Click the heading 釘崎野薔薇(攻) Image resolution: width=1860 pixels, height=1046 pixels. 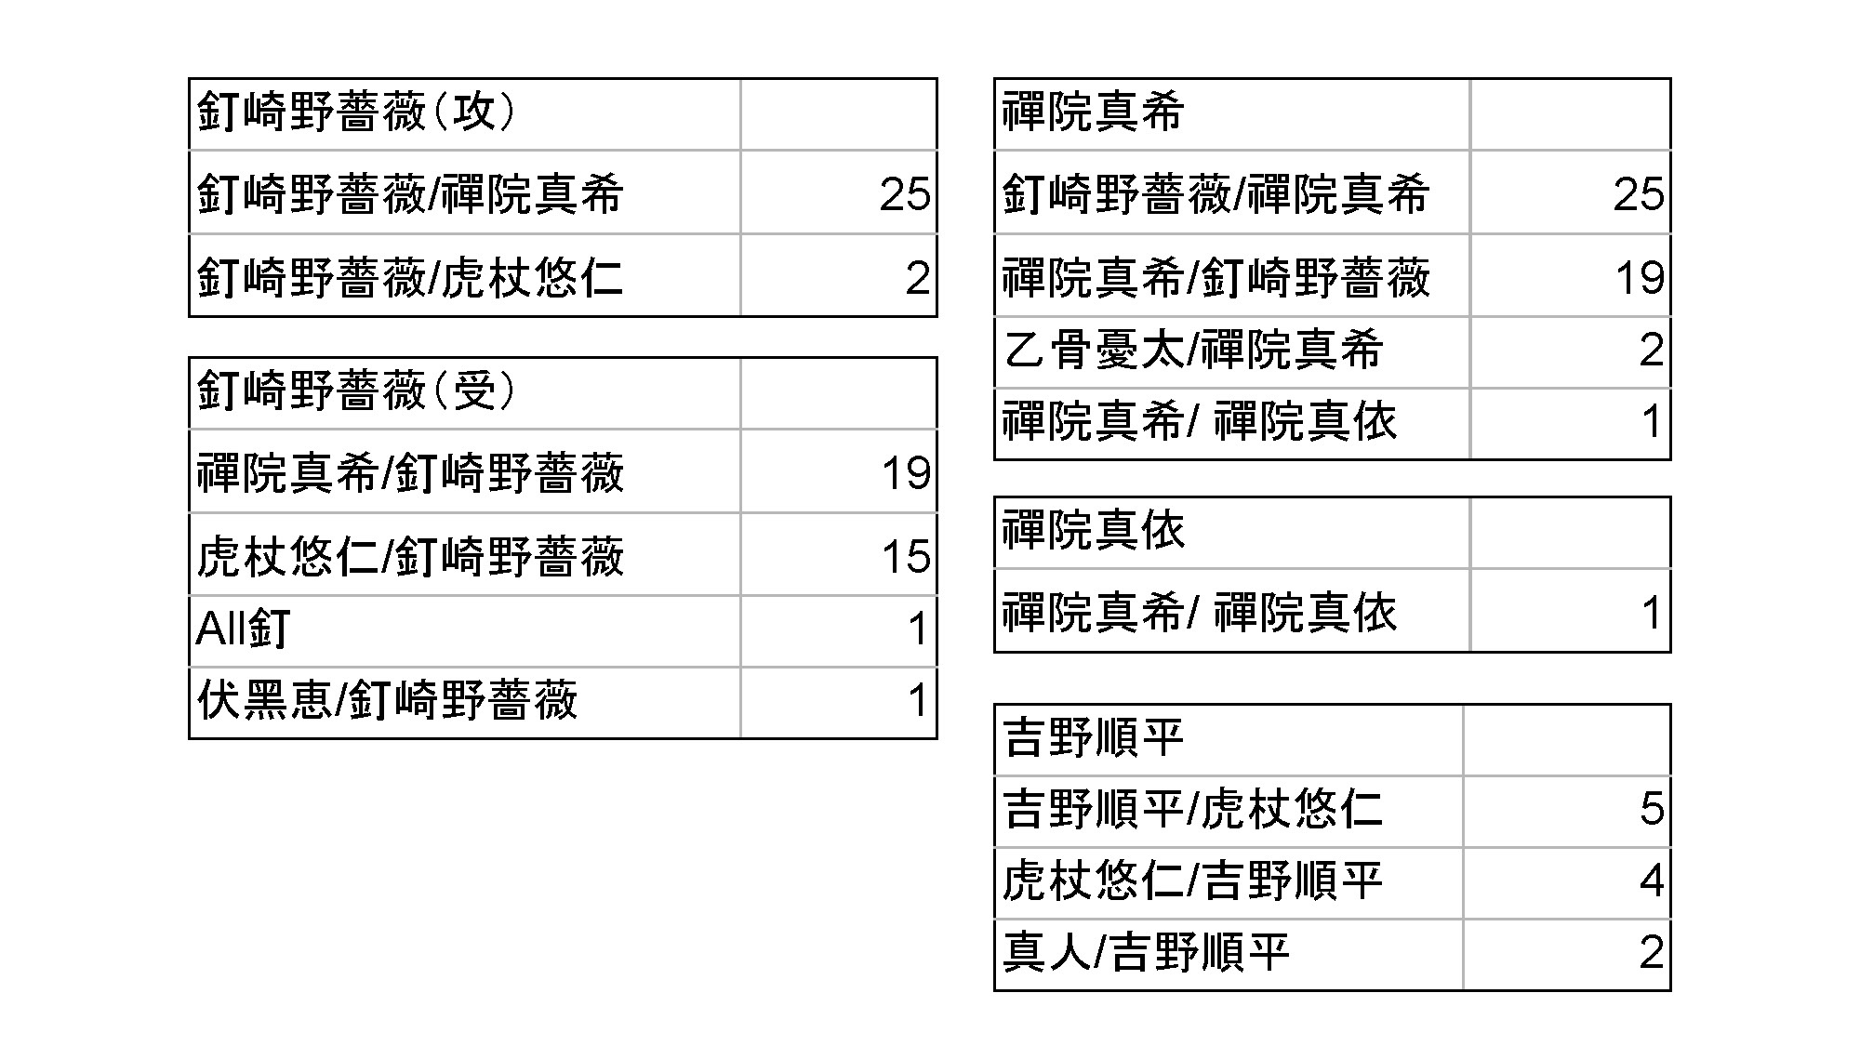356,113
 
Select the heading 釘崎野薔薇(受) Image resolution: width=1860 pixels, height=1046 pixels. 356,391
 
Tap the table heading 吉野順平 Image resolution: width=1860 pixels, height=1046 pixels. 1094,739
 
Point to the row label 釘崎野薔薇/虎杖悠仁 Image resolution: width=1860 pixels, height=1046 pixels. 409,278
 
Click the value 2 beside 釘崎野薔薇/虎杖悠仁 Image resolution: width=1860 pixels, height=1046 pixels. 917,278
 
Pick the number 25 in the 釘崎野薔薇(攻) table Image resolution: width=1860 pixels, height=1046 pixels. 905,194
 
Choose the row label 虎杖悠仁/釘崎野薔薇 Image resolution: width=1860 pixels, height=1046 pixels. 409,557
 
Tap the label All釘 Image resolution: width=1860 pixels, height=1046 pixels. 244,629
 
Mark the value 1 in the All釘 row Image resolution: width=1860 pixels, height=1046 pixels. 919,629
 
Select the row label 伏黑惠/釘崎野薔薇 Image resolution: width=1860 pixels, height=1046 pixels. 387,700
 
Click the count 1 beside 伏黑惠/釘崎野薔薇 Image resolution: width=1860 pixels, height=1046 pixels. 919,700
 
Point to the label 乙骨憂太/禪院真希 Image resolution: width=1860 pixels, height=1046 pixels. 1192,351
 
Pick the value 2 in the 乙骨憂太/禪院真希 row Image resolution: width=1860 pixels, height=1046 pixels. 1652,351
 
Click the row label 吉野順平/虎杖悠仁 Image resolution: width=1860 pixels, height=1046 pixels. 1192,809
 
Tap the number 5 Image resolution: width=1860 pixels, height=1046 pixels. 1652,809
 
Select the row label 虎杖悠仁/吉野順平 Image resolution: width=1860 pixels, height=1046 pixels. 1192,880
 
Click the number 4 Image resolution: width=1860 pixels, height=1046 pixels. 1652,880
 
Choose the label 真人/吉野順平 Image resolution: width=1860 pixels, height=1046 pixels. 1147,952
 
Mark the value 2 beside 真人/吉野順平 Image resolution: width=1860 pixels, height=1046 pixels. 1652,952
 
